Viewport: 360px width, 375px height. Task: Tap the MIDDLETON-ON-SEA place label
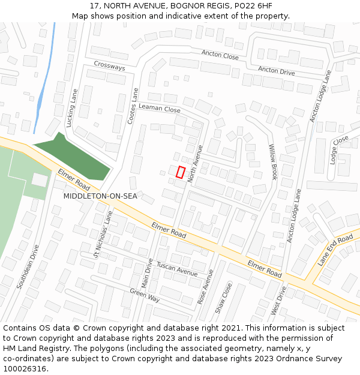(100, 196)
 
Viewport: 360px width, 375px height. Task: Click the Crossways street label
(109, 66)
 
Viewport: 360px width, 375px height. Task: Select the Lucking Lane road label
(73, 108)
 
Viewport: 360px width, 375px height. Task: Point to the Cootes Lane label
(133, 106)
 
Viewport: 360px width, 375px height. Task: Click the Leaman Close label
(159, 109)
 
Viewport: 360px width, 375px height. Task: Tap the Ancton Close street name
(220, 55)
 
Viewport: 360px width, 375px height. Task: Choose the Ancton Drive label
(277, 71)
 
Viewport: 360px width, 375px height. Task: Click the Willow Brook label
(274, 161)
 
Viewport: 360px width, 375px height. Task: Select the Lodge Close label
(339, 149)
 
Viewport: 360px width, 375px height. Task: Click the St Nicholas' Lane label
(103, 233)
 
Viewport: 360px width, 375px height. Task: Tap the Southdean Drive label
(28, 266)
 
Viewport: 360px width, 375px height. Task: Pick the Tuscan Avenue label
(176, 269)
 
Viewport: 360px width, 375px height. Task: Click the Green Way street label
(145, 295)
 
